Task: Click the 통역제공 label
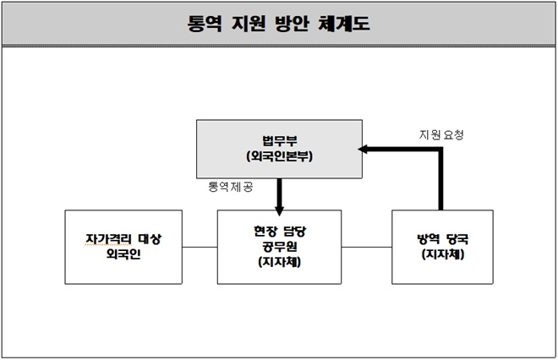pos(230,184)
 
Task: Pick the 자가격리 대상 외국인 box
pos(123,247)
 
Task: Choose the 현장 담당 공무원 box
pos(279,247)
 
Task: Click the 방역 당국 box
pos(442,247)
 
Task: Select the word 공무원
pos(279,247)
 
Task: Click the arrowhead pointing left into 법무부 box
pos(364,149)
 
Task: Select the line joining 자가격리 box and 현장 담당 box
pos(200,248)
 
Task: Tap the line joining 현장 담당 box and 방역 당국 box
pos(366,248)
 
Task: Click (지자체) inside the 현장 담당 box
pos(279,262)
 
